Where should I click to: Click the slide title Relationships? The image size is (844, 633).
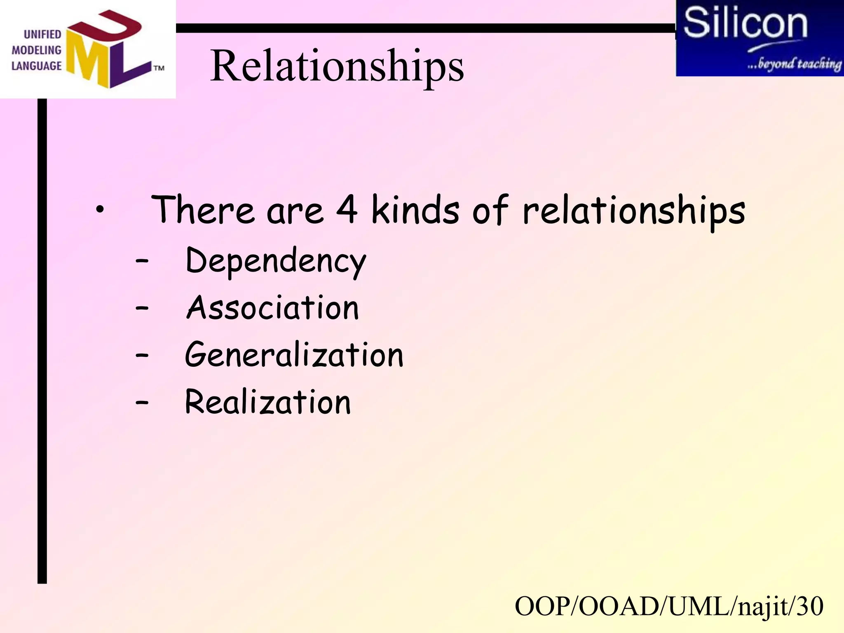tap(337, 66)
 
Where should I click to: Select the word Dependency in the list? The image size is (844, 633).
tap(276, 261)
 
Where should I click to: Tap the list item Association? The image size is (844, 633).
tap(272, 308)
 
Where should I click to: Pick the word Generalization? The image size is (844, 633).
tap(294, 355)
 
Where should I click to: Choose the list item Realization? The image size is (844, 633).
tap(268, 402)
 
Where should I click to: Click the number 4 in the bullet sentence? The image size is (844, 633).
tap(347, 209)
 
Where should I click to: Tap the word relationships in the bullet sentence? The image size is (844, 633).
tap(634, 211)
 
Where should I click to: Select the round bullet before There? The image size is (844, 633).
tap(99, 211)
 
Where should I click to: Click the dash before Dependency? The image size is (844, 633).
tap(142, 261)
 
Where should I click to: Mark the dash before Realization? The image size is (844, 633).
tap(142, 402)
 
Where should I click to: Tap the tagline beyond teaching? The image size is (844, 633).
tap(794, 64)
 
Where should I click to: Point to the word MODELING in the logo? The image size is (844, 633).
tap(36, 50)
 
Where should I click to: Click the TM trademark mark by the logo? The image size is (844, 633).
tap(159, 68)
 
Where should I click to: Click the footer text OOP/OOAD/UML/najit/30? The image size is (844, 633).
tap(669, 606)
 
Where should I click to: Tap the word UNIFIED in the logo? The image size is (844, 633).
tap(42, 35)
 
